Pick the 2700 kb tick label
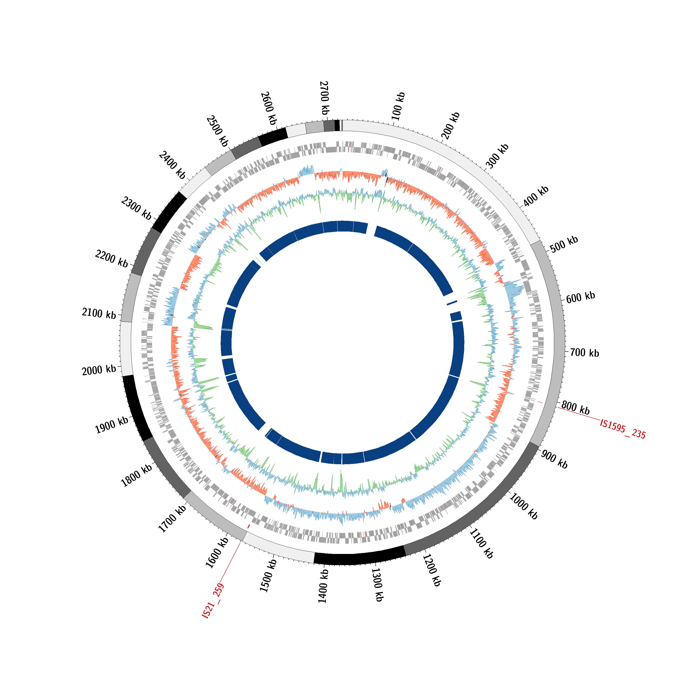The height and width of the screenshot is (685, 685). click(324, 97)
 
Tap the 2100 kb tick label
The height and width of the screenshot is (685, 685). click(99, 314)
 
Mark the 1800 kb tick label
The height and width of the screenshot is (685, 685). click(137, 475)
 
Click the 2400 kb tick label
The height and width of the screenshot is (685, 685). click(172, 165)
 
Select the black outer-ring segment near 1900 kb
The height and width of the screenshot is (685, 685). click(137, 408)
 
